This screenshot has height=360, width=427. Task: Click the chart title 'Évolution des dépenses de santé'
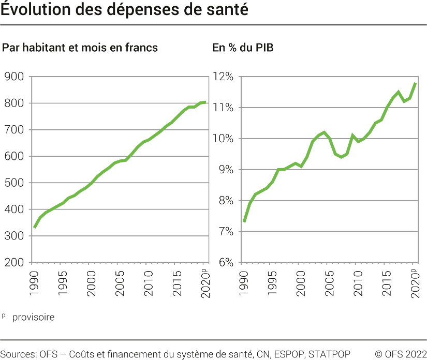pos(124,10)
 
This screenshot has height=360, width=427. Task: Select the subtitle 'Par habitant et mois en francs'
pos(80,48)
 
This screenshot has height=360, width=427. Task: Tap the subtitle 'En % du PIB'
pos(243,48)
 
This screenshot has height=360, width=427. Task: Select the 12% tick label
pos(223,77)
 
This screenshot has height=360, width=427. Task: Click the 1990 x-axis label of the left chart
pos(34,284)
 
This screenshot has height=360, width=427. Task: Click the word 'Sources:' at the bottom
pos(18,353)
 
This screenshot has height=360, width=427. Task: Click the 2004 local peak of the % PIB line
pos(324,132)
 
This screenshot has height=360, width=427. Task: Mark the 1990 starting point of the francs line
pos(34,227)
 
